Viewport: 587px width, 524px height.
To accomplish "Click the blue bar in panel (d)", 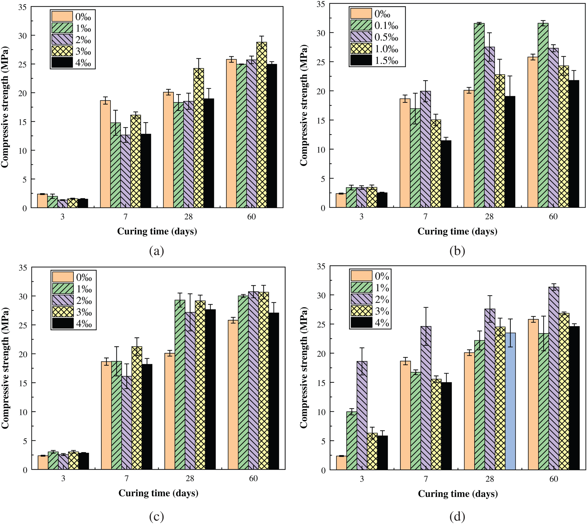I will point(510,401).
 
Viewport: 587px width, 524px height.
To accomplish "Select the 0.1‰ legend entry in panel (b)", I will point(375,26).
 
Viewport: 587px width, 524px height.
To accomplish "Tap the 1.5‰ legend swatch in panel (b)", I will point(361,60).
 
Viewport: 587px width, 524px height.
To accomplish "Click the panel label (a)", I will point(157,251).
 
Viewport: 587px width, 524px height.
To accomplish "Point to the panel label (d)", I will point(457,516).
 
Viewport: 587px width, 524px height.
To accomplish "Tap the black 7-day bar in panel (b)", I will point(446,174).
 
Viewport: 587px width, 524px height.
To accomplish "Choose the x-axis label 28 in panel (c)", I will point(190,479).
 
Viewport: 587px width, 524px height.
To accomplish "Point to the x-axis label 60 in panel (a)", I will point(251,217).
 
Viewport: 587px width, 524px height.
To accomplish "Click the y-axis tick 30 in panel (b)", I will point(320,33).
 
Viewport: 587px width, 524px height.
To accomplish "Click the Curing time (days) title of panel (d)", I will point(458,494).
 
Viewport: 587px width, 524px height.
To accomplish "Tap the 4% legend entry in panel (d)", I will point(370,322).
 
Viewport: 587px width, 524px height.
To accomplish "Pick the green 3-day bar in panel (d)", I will point(352,440).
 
